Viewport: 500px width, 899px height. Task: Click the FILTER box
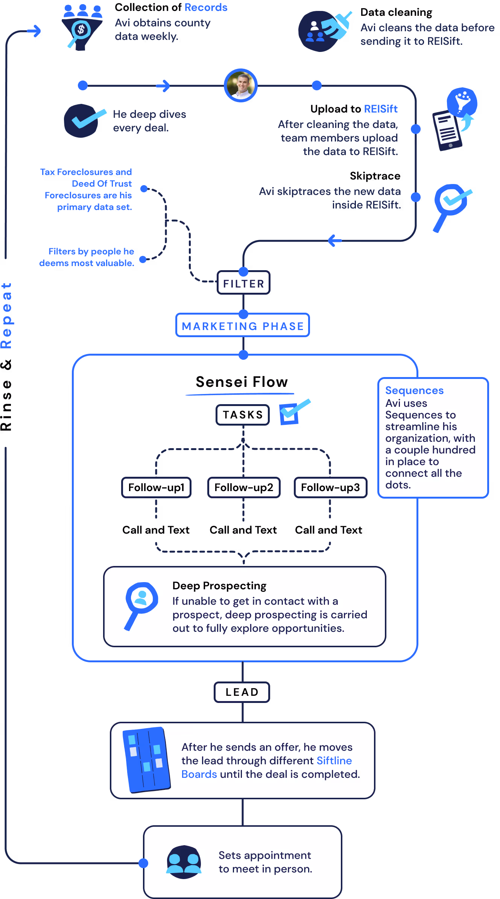coord(243,283)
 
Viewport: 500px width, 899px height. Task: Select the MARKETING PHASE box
coord(243,326)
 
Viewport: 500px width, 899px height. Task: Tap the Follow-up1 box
coord(157,488)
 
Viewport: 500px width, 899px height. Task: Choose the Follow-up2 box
coord(244,488)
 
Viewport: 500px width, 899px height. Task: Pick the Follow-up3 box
coord(330,488)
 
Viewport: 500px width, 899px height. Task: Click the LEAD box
coord(242,692)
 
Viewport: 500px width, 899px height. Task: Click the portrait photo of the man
coord(241,85)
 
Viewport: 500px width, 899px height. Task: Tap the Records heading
coord(206,8)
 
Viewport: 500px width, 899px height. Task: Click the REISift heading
coord(380,109)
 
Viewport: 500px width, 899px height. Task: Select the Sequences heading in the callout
coord(414,391)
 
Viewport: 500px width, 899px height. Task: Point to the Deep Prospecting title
coord(219,586)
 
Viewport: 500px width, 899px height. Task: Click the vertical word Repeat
coord(7,315)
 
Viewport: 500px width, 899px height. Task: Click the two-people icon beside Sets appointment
coord(184,862)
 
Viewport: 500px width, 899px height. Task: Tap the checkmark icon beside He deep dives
coord(84,120)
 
